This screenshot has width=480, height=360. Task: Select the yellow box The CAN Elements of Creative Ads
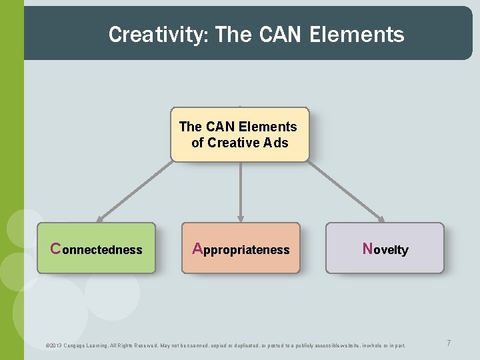(240, 135)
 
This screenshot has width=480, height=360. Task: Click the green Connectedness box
(96, 249)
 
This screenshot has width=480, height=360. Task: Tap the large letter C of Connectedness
(56, 249)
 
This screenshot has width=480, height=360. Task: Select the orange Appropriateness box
(241, 249)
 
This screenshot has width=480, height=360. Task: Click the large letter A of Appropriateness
(197, 249)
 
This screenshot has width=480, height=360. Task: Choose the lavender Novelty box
(385, 249)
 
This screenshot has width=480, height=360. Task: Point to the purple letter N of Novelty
(367, 249)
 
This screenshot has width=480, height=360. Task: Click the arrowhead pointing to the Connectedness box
(100, 219)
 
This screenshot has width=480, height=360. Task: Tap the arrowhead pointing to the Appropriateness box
(241, 219)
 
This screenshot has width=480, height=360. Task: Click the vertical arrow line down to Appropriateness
(241, 190)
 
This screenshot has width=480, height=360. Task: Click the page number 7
(449, 343)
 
